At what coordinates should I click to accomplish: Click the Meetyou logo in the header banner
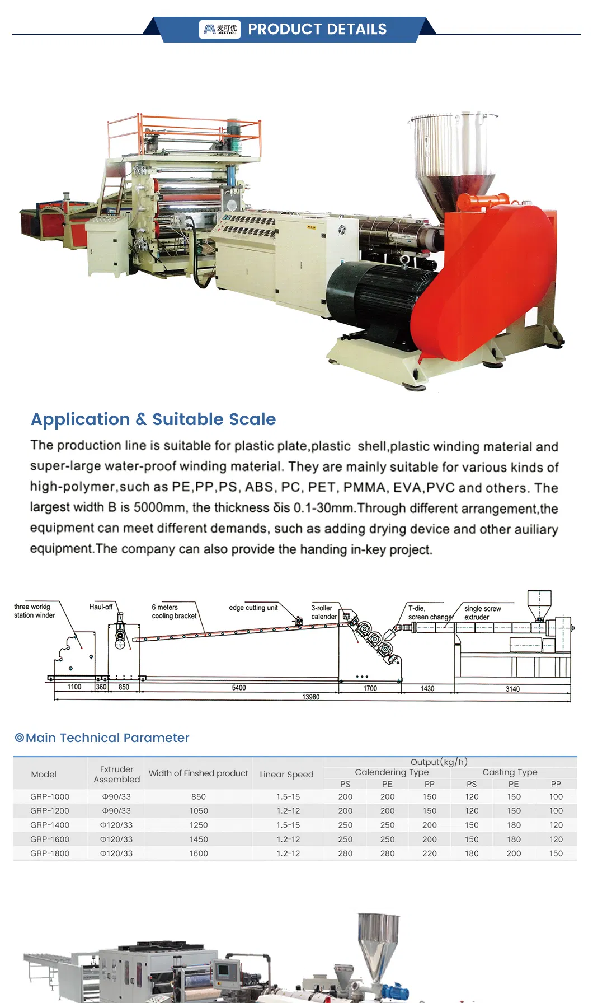[x=220, y=29]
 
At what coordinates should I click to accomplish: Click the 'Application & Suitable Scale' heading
[x=153, y=419]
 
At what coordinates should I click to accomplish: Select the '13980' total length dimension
[x=311, y=697]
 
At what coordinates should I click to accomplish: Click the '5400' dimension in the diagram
[x=239, y=688]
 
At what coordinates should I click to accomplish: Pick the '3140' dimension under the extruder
[x=512, y=689]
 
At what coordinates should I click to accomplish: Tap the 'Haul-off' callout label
[x=101, y=607]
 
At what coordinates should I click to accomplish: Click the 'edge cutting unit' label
[x=253, y=608]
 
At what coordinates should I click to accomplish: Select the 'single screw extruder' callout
[x=482, y=613]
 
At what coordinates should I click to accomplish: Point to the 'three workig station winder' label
[x=34, y=611]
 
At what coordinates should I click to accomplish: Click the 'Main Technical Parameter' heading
[x=107, y=738]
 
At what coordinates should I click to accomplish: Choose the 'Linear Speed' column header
[x=286, y=775]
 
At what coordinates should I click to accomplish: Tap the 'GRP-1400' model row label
[x=50, y=825]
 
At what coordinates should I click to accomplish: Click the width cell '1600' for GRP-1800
[x=199, y=854]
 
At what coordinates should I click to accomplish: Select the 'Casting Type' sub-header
[x=510, y=772]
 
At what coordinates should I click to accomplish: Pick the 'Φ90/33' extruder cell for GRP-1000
[x=116, y=797]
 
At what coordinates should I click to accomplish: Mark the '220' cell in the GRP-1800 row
[x=430, y=854]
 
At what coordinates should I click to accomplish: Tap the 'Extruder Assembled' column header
[x=116, y=775]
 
